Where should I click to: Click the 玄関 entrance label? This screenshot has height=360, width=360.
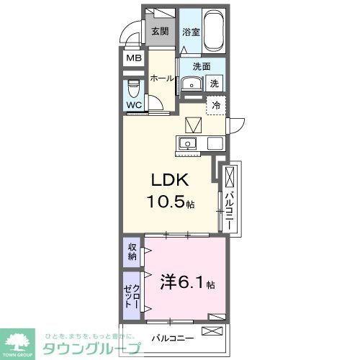tap(160, 31)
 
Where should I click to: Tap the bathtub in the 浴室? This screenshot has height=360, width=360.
tap(214, 30)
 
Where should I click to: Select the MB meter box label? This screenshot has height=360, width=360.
tap(133, 58)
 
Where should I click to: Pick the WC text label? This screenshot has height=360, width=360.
tap(134, 105)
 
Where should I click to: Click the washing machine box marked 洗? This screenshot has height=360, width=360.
tap(214, 84)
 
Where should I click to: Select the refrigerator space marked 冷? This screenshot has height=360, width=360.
tap(216, 104)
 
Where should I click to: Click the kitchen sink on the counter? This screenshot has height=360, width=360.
tap(187, 143)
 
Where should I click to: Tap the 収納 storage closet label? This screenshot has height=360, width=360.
tap(132, 252)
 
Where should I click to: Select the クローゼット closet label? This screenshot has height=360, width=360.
tap(132, 295)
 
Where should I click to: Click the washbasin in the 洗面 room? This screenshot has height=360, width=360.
tap(190, 84)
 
